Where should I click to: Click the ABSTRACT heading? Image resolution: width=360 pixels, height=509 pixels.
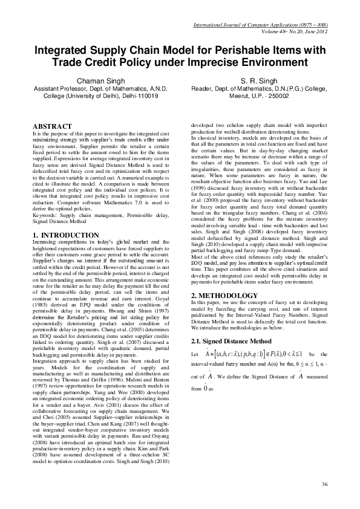(52, 126)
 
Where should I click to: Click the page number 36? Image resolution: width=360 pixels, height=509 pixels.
(325, 484)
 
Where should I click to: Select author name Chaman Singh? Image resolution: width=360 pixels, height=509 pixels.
(97, 80)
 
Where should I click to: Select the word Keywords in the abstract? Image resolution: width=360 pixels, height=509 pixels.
(44, 198)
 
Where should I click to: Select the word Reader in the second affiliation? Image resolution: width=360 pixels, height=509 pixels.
(201, 88)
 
